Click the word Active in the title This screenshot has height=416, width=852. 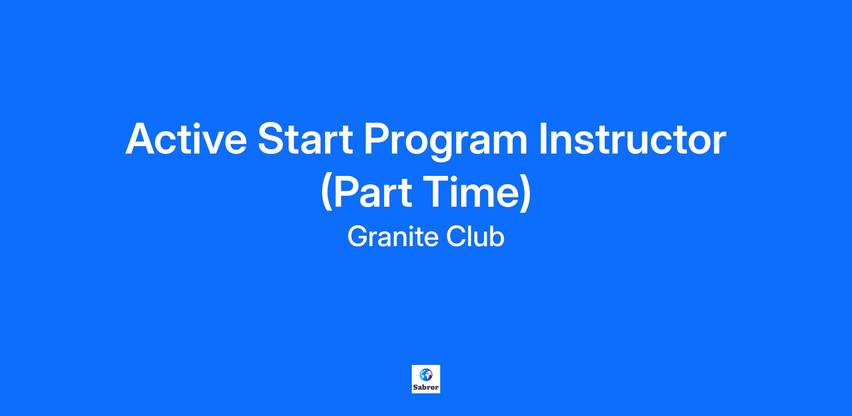186,139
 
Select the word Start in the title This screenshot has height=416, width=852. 305,139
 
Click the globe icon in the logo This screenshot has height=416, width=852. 426,374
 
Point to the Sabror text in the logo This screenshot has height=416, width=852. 426,387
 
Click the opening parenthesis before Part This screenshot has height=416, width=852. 326,194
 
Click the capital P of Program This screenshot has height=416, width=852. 378,139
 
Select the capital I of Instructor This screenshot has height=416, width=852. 543,139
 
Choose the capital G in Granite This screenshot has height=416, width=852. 358,237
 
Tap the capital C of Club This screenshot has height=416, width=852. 456,237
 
